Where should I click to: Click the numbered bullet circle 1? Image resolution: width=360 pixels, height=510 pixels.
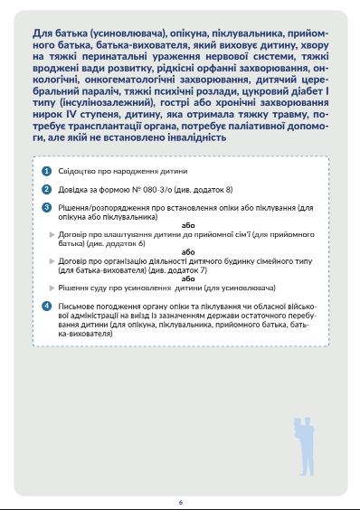point(47,171)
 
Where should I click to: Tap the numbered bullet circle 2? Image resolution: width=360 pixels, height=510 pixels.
point(47,189)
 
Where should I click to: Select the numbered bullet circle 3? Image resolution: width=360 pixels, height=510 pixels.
point(47,207)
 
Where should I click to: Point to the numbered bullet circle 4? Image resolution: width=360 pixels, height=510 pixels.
point(47,307)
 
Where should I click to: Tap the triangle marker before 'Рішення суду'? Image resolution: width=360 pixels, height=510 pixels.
point(52,288)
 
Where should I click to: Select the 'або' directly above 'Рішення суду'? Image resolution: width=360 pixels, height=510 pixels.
point(188,279)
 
